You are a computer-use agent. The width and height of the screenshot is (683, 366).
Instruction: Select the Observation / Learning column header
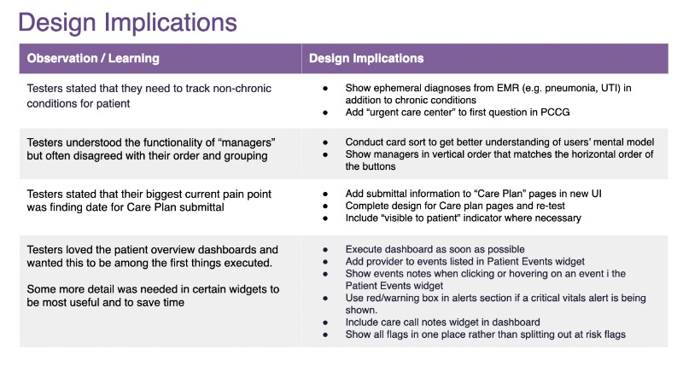93,59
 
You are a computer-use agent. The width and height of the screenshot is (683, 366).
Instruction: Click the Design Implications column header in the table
366,59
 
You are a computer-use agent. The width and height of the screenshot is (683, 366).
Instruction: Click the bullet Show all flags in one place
485,334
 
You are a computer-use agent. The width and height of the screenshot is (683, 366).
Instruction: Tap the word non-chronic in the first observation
245,89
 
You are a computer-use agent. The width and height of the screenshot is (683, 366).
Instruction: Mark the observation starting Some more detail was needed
153,296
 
